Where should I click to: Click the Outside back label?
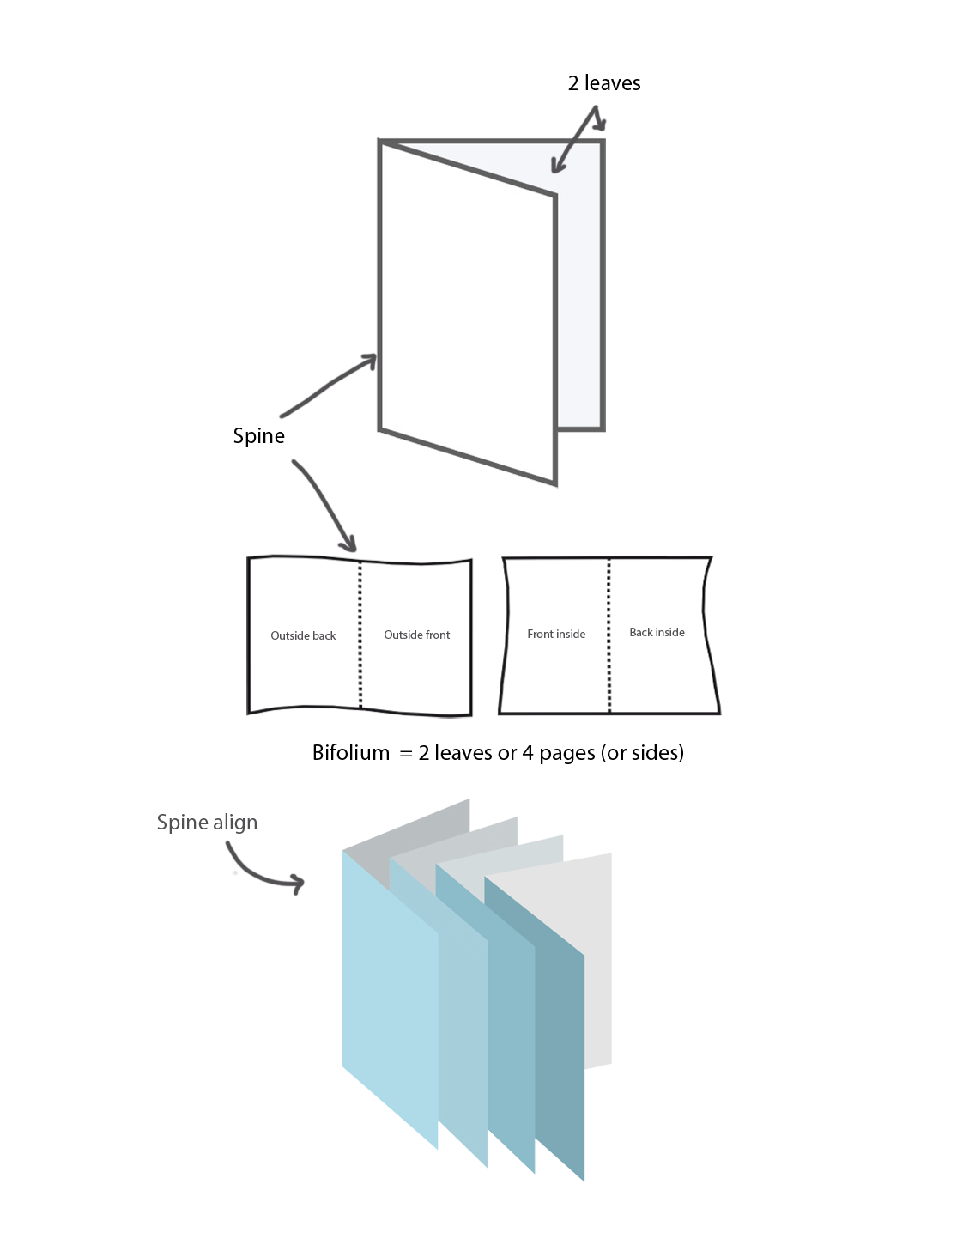coord(303,636)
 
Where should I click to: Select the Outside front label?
coord(416,635)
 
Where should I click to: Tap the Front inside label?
coord(556,635)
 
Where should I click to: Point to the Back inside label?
coord(657,633)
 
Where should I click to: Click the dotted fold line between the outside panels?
coord(360,635)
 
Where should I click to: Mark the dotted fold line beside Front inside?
coord(609,635)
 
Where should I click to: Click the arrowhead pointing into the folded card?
coord(554,170)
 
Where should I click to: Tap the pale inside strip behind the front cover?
coord(578,301)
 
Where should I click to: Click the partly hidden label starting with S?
coord(207,823)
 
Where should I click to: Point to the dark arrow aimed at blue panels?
coord(266,872)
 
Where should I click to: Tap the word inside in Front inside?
coord(570,635)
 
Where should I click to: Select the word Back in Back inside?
coord(641,633)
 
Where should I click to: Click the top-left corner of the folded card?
coord(381,143)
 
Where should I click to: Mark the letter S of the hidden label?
coord(163,823)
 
